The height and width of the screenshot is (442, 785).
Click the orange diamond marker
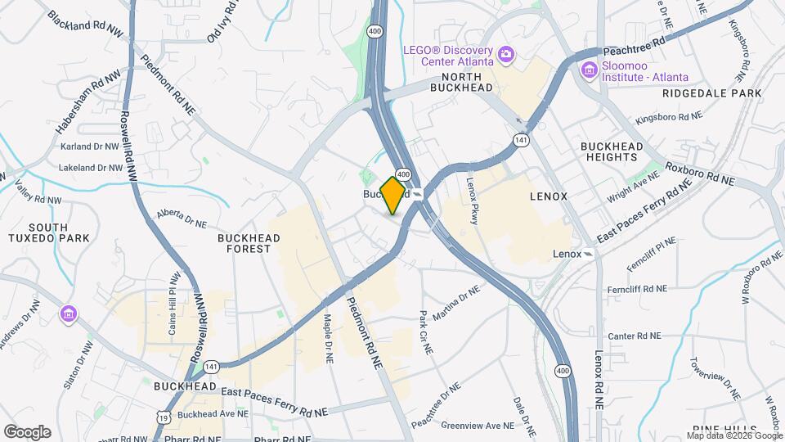click(x=393, y=195)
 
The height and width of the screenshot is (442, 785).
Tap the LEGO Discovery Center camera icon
click(x=506, y=55)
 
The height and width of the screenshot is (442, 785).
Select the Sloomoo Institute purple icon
click(x=588, y=70)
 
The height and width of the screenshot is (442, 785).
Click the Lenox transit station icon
click(x=588, y=254)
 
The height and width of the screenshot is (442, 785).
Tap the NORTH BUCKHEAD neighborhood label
click(x=462, y=87)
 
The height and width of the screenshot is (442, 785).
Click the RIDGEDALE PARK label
click(x=712, y=93)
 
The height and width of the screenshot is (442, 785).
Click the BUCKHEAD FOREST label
click(x=249, y=243)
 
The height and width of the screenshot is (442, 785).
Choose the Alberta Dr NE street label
click(x=182, y=218)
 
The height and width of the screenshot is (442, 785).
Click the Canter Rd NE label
click(x=639, y=336)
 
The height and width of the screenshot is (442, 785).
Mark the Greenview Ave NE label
click(x=478, y=426)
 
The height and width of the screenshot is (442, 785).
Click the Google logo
click(x=27, y=432)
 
